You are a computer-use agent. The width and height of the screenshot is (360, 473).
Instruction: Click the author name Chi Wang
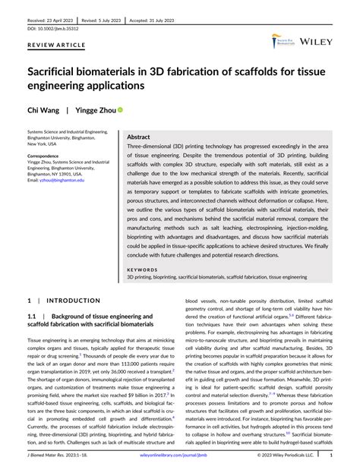point(43,109)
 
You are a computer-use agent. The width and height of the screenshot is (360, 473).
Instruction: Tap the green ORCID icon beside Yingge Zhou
point(119,109)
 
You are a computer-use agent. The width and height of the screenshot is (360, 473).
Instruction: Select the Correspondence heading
point(49,155)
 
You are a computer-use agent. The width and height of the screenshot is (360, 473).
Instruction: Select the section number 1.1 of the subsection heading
point(33,315)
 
